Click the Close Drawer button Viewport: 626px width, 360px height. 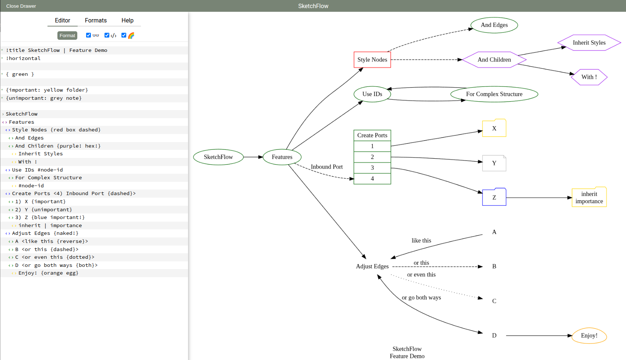[21, 6]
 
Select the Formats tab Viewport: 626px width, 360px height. [96, 20]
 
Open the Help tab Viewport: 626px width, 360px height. [127, 20]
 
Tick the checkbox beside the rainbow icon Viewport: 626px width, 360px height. [124, 35]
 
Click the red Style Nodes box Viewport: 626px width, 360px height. [372, 60]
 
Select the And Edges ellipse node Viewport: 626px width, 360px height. [494, 25]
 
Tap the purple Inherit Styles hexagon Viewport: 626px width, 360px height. [589, 43]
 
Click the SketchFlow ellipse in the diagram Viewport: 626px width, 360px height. [218, 157]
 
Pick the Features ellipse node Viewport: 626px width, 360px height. [282, 157]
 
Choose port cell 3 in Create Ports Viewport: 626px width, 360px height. [372, 168]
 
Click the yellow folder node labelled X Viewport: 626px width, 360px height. [494, 128]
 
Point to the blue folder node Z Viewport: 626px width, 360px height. [494, 197]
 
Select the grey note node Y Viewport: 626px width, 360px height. [494, 163]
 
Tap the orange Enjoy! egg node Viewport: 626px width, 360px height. [589, 336]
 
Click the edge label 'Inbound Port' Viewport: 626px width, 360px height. [326, 167]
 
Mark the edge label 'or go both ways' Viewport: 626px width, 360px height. [421, 297]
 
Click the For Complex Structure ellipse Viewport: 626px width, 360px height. [494, 94]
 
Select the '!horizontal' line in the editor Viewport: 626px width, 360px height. [23, 58]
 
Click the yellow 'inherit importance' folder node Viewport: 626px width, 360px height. [589, 198]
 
